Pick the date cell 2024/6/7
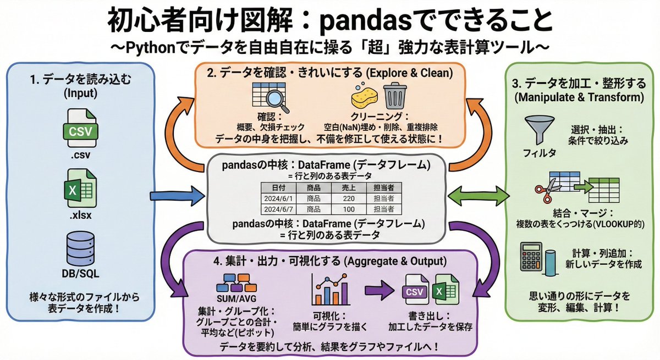tap(280, 209)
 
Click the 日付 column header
tap(280, 187)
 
